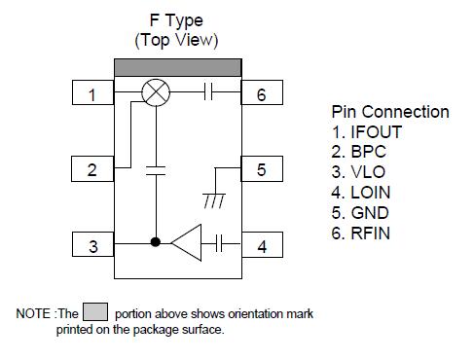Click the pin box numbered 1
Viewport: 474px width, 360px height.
pyautogui.click(x=92, y=94)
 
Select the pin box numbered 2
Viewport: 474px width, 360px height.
pyautogui.click(x=92, y=170)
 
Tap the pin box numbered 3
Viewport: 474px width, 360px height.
pyautogui.click(x=92, y=245)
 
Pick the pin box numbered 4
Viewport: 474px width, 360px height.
pyautogui.click(x=262, y=245)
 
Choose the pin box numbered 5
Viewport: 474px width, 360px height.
pyautogui.click(x=262, y=170)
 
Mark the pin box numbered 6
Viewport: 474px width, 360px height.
pyautogui.click(x=262, y=94)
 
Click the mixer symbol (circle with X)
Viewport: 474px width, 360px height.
pyautogui.click(x=156, y=93)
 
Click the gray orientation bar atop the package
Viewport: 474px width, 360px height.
pyautogui.click(x=177, y=66)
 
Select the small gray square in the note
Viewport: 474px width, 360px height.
pyautogui.click(x=94, y=312)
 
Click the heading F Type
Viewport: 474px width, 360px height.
pyautogui.click(x=176, y=21)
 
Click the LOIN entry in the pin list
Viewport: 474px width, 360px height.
pyautogui.click(x=368, y=193)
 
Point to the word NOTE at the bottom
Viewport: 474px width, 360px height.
pyautogui.click(x=34, y=313)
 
